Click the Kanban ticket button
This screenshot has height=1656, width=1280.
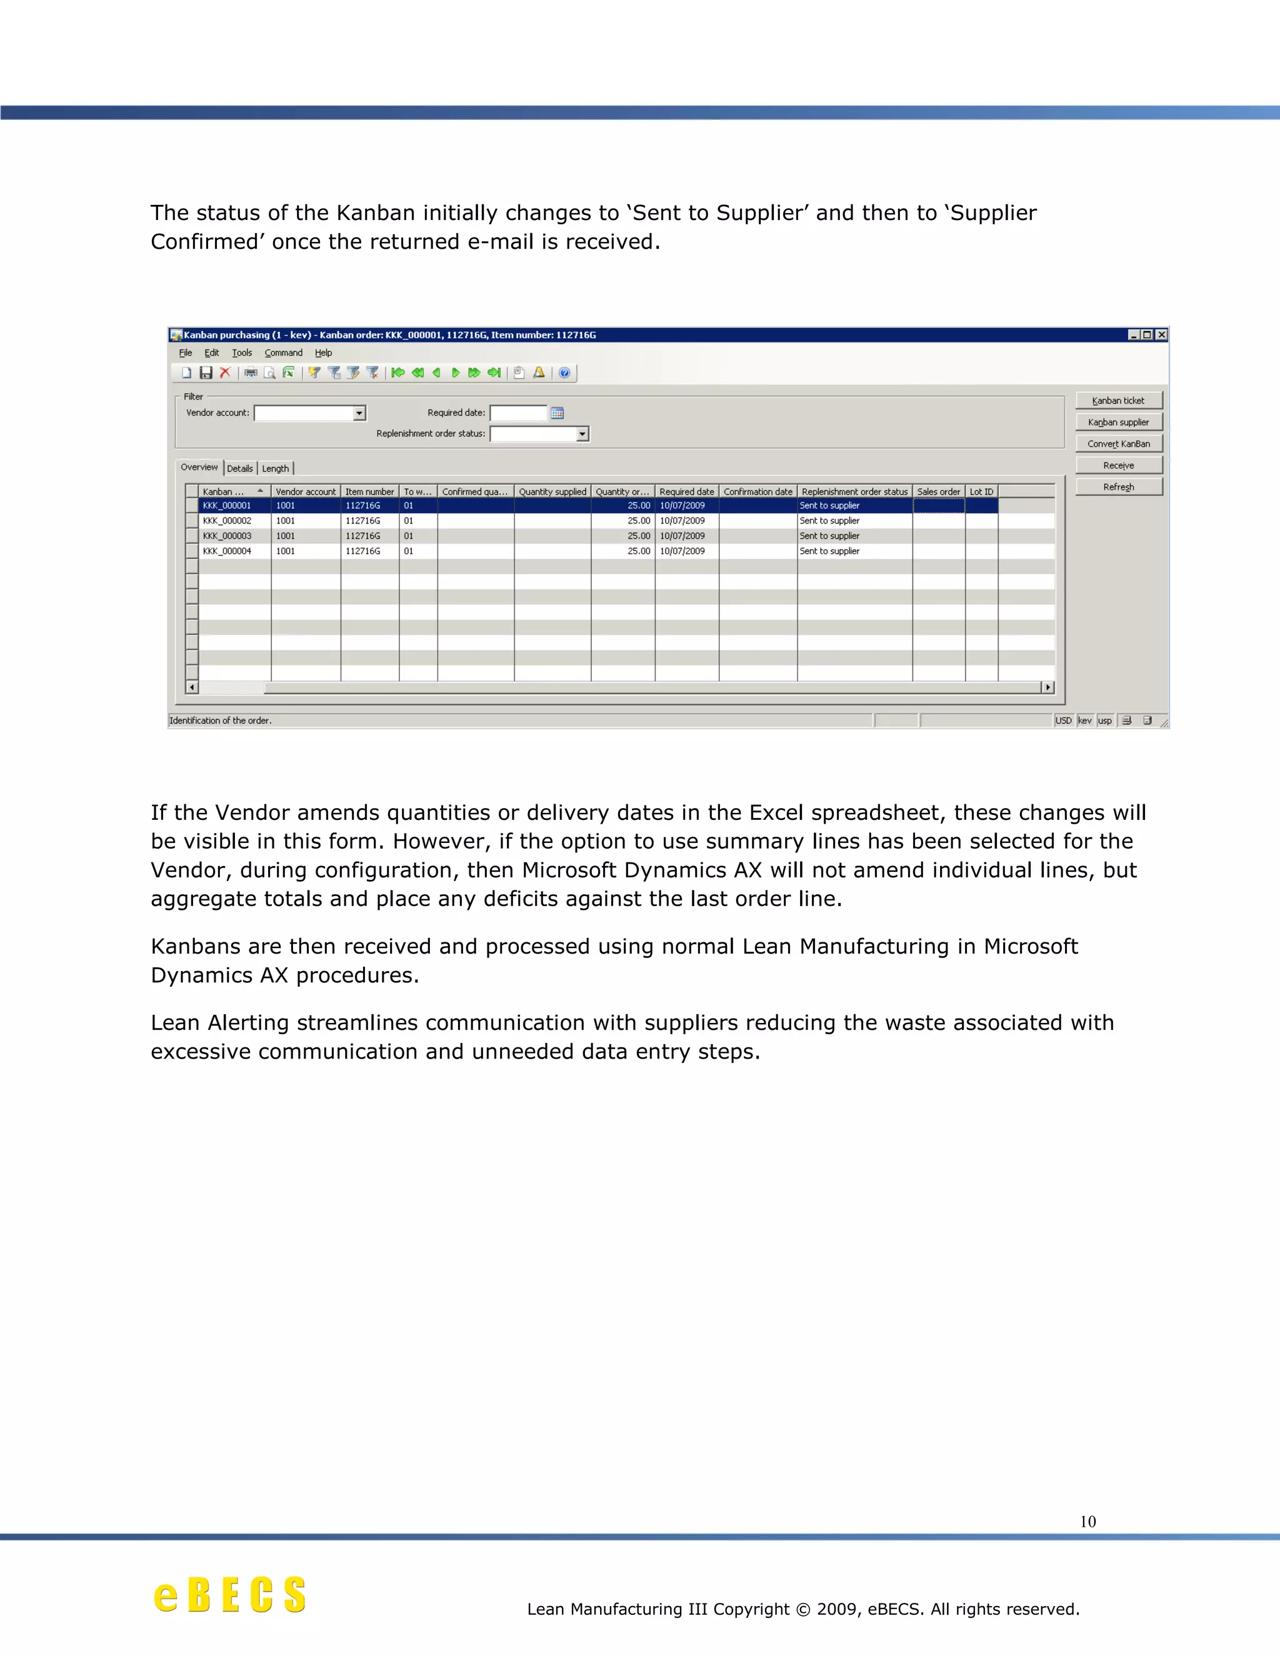point(1119,401)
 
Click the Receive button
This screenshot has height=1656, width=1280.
point(1119,466)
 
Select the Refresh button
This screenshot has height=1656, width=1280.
point(1119,487)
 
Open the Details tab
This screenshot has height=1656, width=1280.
point(239,469)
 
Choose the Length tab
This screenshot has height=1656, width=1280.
point(275,469)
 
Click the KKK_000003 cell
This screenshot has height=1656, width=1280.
point(227,536)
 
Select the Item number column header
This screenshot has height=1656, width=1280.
point(369,491)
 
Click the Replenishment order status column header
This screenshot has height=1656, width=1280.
point(854,491)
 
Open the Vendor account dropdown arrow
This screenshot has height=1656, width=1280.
point(359,413)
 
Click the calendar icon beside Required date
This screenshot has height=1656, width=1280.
point(557,413)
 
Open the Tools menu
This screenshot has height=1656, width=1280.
point(242,352)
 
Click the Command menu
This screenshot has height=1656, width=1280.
point(283,352)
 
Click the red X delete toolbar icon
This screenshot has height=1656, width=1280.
point(224,372)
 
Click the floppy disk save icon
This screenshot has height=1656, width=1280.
point(206,372)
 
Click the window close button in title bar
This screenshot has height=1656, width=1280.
point(1161,334)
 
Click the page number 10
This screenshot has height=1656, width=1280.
point(1087,1521)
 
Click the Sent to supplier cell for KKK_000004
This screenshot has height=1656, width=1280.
point(829,551)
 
